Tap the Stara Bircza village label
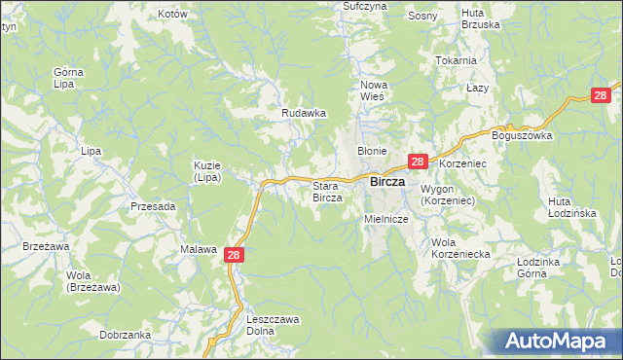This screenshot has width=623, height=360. point(326,192)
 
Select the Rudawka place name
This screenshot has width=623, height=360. point(303,113)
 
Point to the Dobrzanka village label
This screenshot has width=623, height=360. point(125,335)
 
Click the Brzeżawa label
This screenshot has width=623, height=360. point(45,247)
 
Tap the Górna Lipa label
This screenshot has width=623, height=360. point(69,79)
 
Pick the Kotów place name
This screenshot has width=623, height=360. point(171,15)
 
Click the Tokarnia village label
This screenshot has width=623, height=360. point(457,60)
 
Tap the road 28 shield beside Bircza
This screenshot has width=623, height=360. point(418,162)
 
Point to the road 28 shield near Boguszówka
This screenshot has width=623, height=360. point(603,94)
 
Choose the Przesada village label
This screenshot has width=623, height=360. point(153,206)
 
